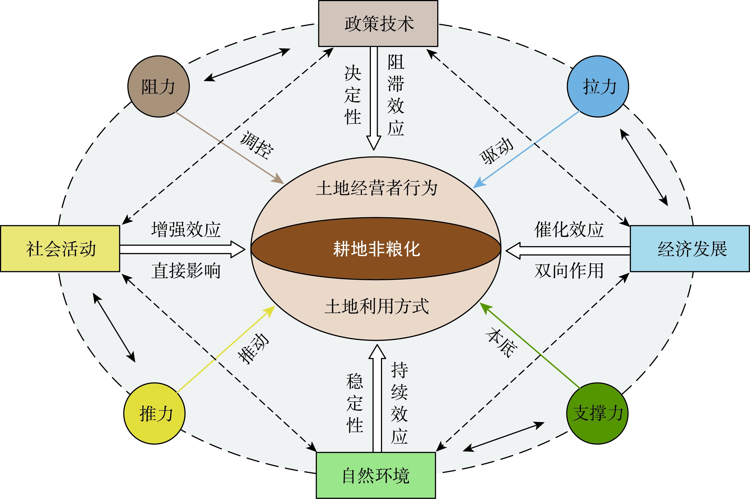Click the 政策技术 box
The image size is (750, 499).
378,23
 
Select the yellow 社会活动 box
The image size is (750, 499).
60,248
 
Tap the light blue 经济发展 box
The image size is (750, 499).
690,248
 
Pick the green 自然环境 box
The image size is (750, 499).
376,475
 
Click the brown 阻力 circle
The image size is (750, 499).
159,87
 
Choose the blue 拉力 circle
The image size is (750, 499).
598,87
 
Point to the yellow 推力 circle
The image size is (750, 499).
154,413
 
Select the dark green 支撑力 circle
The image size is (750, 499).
597,413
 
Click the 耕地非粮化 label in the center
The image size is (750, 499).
376,248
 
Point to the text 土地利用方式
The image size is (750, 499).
376,306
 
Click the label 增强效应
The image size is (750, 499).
186,229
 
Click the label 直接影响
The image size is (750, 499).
186,271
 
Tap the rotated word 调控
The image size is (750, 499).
257,145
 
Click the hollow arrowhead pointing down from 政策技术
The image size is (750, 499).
374,143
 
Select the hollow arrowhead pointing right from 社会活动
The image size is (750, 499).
237,249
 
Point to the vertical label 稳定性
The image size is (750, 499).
355,403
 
